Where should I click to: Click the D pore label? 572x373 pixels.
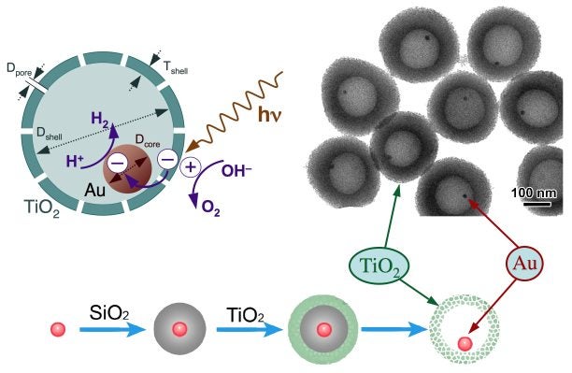coord(19,69)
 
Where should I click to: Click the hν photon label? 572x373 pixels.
coord(273,119)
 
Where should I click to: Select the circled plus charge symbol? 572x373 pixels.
coord(191,168)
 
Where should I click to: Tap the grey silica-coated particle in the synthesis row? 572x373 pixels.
coord(179,330)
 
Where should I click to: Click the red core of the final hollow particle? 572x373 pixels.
coord(465,343)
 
